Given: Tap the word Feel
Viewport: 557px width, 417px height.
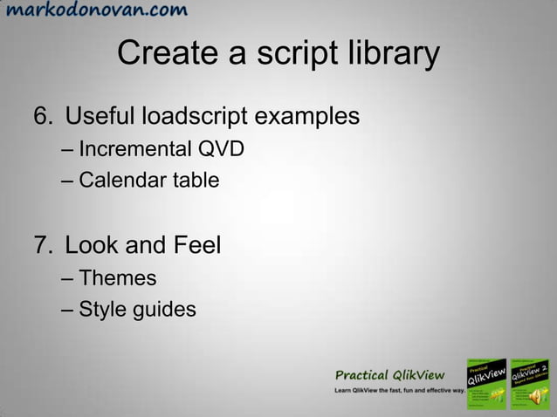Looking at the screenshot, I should click(194, 244).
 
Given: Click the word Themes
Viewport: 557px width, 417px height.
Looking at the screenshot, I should click(117, 278).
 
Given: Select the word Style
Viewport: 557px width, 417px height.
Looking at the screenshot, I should click(100, 310).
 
